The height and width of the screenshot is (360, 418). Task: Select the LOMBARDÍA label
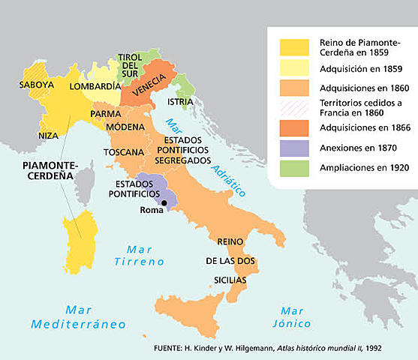click(94, 86)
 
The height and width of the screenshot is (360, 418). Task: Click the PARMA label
click(106, 113)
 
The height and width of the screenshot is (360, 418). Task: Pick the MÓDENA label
click(125, 127)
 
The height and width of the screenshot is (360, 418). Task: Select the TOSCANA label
click(123, 152)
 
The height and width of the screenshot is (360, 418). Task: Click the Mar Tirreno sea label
click(134, 255)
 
